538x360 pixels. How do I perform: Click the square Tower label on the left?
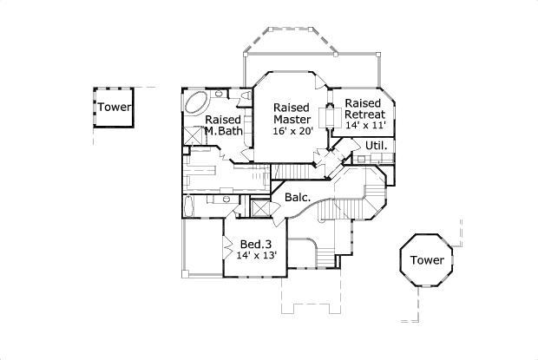(x=114, y=108)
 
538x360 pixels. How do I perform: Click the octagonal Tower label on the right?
(x=427, y=260)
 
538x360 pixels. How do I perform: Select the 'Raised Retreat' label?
(x=365, y=108)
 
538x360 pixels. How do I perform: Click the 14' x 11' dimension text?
(x=365, y=126)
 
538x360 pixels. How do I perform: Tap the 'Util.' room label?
(x=375, y=145)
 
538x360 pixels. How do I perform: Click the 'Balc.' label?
(x=298, y=198)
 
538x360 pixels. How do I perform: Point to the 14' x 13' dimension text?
(x=258, y=257)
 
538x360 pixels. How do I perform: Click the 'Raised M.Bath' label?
(x=223, y=125)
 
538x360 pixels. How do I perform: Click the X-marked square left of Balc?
(x=260, y=210)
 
